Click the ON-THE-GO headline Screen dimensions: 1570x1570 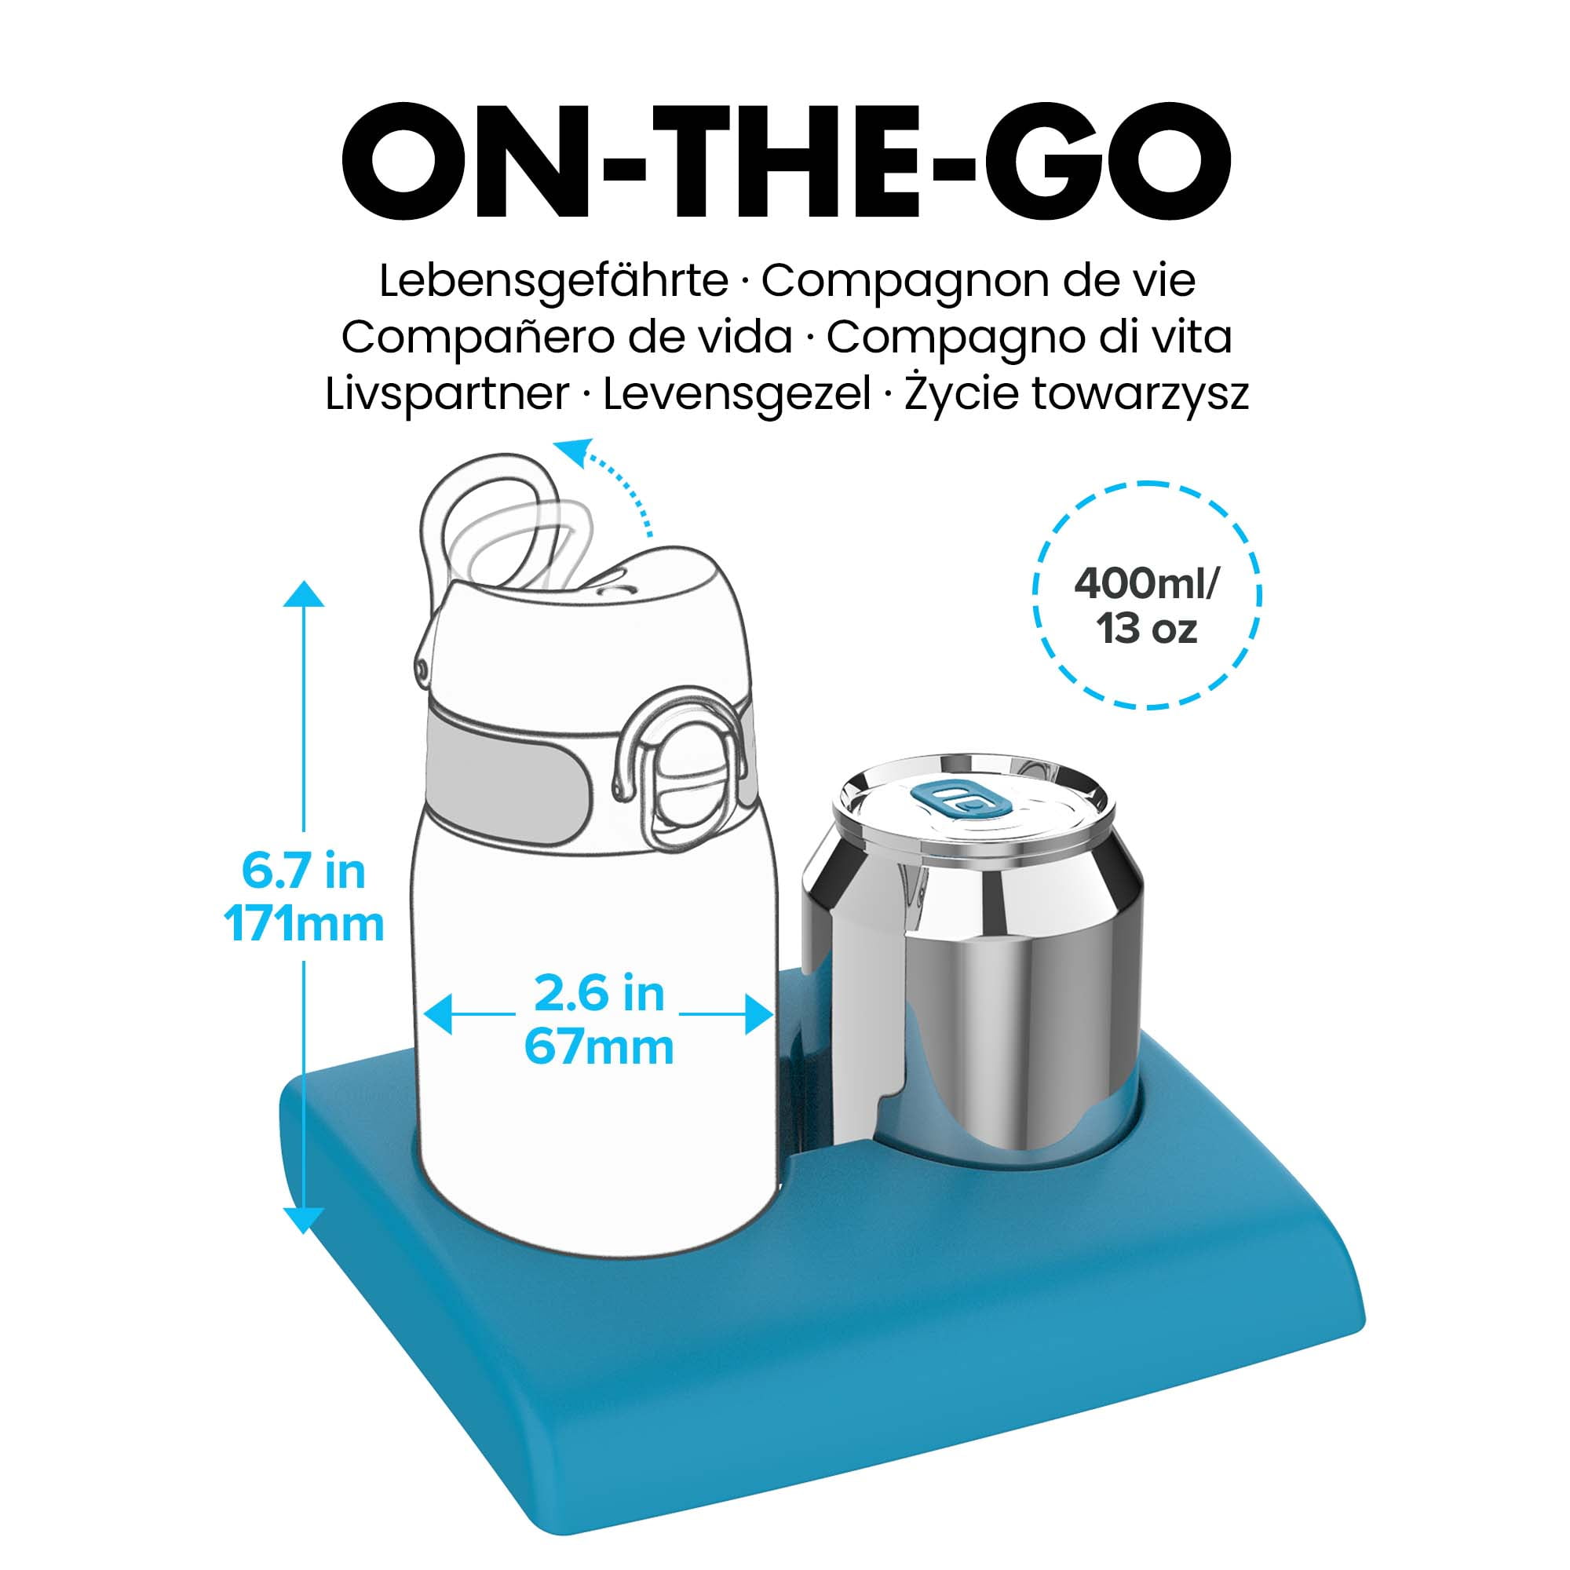click(x=785, y=167)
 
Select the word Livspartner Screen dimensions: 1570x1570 click(x=447, y=395)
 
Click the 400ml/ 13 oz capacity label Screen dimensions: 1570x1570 click(x=1147, y=606)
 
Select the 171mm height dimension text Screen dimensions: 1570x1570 click(x=304, y=925)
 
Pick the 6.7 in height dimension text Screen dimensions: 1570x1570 click(x=304, y=872)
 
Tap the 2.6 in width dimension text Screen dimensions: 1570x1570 click(x=599, y=994)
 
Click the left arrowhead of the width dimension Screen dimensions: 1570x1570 click(x=437, y=1015)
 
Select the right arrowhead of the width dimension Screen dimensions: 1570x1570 click(x=759, y=1015)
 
